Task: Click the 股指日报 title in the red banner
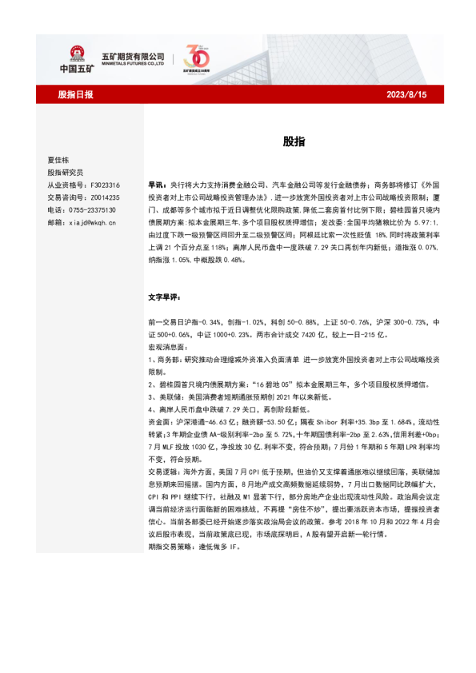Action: tap(76, 94)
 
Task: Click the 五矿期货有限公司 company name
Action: tap(133, 55)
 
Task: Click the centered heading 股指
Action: tap(293, 141)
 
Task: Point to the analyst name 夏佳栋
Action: tap(60, 159)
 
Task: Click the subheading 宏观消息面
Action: tap(165, 348)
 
